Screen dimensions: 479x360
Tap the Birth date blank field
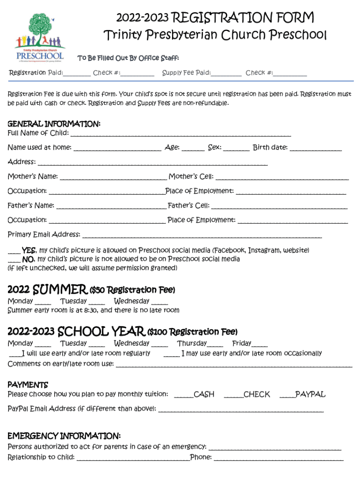[x=316, y=149]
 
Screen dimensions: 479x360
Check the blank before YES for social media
[x=14, y=252]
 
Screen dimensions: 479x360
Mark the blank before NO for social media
[x=14, y=260]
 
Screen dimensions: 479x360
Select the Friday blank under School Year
[x=260, y=345]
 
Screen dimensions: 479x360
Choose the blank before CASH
[x=183, y=396]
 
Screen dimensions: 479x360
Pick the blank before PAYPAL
[x=287, y=396]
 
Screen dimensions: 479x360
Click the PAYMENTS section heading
[x=28, y=385]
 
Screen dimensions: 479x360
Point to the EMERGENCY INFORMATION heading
[x=64, y=436]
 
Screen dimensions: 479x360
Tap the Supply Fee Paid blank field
[x=226, y=74]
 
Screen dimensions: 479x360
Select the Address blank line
[x=152, y=163]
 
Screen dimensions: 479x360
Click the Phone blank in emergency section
[x=279, y=458]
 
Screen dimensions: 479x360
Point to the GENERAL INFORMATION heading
[x=54, y=124]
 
